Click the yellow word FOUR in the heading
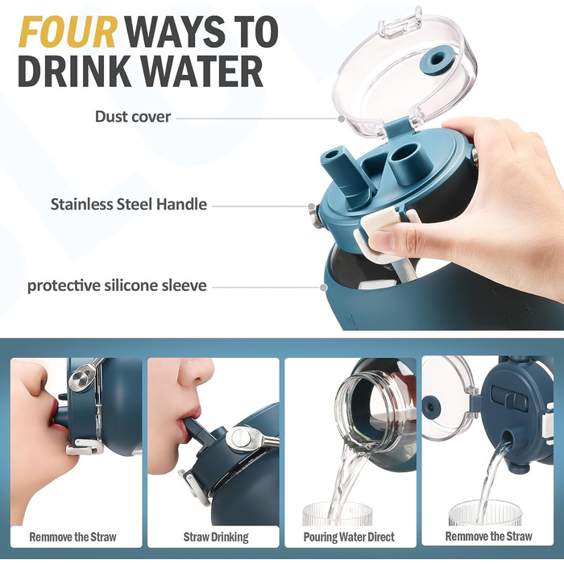(68, 32)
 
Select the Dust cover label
(133, 117)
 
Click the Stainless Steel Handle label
(129, 205)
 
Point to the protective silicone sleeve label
(118, 285)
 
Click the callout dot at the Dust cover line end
(342, 118)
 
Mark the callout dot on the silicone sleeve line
(324, 288)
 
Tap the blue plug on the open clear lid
(437, 60)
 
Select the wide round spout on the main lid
(405, 157)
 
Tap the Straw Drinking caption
(216, 537)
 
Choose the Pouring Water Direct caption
(349, 537)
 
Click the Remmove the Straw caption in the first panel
(73, 537)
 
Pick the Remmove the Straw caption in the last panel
(488, 537)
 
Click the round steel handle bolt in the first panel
(80, 377)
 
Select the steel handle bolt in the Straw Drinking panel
(238, 438)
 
